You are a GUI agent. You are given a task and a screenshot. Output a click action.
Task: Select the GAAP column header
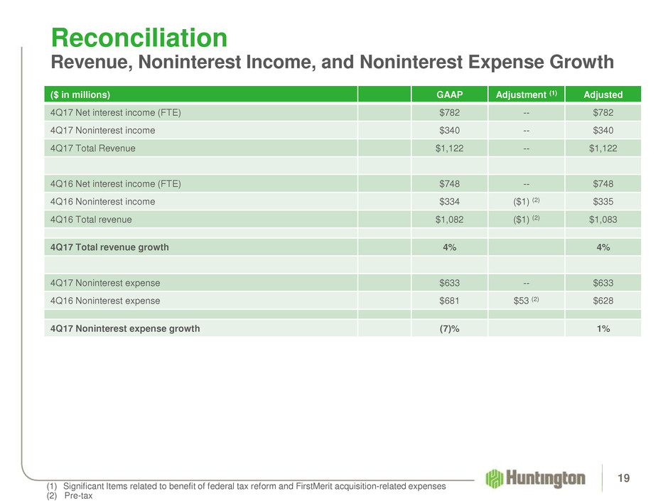pyautogui.click(x=449, y=94)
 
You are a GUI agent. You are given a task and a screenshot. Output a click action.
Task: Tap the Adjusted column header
pyautogui.click(x=603, y=94)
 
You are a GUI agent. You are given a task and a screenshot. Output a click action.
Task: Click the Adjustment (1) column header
pyautogui.click(x=527, y=94)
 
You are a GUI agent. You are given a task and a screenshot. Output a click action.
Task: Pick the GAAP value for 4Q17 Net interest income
pyautogui.click(x=449, y=112)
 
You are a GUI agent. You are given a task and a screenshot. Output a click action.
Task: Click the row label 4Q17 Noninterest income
pyautogui.click(x=102, y=131)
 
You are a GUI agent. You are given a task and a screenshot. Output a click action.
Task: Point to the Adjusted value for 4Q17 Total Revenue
pyautogui.click(x=603, y=149)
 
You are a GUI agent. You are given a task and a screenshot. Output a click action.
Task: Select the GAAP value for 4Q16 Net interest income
pyautogui.click(x=449, y=183)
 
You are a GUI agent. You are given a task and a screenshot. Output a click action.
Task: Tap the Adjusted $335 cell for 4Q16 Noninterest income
pyautogui.click(x=603, y=202)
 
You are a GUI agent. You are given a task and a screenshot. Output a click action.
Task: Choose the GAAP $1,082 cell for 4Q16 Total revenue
pyautogui.click(x=449, y=220)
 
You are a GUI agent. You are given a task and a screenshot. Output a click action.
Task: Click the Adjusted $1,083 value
pyautogui.click(x=603, y=220)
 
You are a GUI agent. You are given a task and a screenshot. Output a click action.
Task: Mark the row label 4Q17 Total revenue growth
pyautogui.click(x=109, y=247)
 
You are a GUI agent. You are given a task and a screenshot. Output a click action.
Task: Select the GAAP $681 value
pyautogui.click(x=449, y=301)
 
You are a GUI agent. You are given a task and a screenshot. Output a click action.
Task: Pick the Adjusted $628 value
pyautogui.click(x=603, y=301)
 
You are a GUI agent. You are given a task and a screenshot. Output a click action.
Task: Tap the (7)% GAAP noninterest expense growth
pyautogui.click(x=449, y=328)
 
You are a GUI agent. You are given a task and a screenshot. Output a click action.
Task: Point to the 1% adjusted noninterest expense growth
pyautogui.click(x=603, y=328)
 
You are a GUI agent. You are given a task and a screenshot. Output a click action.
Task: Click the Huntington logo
pyautogui.click(x=536, y=478)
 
